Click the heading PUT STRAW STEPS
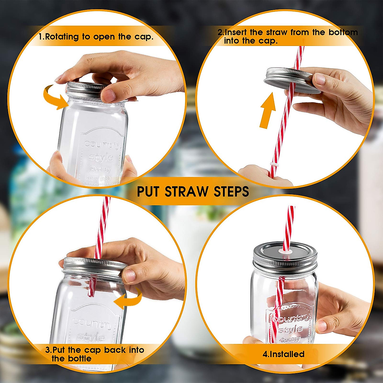pos(193,191)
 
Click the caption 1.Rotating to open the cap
pos(96,36)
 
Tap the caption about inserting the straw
pos(287,36)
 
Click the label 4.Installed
pos(283,354)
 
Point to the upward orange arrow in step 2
pos(267,110)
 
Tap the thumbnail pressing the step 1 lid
pos(109,95)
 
